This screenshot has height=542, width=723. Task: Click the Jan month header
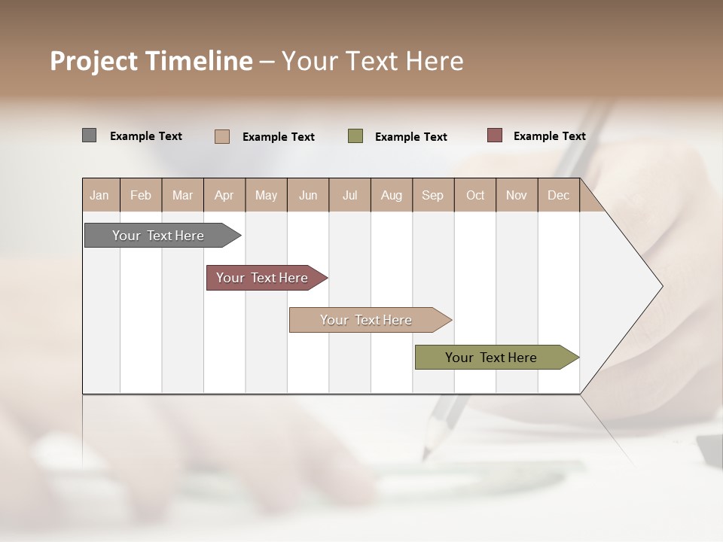click(x=100, y=195)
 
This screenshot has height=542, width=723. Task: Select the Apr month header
click(x=224, y=195)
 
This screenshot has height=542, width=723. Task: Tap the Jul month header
click(x=350, y=195)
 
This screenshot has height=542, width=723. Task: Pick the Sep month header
click(x=433, y=195)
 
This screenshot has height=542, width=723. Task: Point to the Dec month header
click(x=559, y=195)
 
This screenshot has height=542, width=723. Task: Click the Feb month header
click(x=141, y=195)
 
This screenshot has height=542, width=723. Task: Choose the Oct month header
click(x=475, y=195)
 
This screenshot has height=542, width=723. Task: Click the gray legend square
click(x=89, y=135)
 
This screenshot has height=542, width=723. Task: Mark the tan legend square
click(x=222, y=136)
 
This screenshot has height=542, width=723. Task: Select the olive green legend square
click(x=355, y=136)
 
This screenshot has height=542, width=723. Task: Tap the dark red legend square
click(x=495, y=135)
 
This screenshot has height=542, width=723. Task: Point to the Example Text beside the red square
click(x=549, y=135)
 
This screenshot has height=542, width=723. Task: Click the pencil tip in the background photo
click(x=427, y=452)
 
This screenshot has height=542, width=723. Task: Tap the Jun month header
click(x=308, y=195)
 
